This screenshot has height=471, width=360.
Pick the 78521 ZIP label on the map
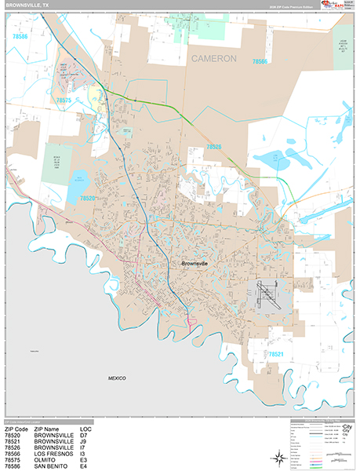pyautogui.click(x=275, y=355)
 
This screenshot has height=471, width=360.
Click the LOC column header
pyautogui.click(x=97, y=429)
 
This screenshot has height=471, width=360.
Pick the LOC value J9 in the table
pyautogui.click(x=95, y=441)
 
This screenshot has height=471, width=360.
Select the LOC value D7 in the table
pyautogui.click(x=95, y=435)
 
